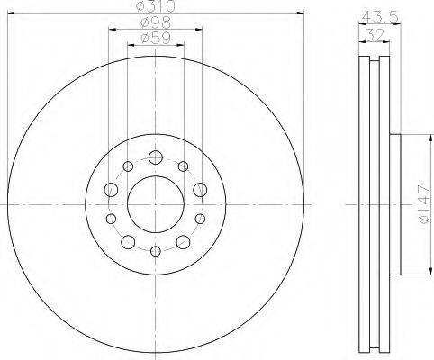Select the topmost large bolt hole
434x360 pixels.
[155, 158]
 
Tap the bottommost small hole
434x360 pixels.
[155, 250]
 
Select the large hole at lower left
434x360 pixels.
[127, 241]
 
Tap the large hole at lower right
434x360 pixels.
[183, 241]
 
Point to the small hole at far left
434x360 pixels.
[111, 219]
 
